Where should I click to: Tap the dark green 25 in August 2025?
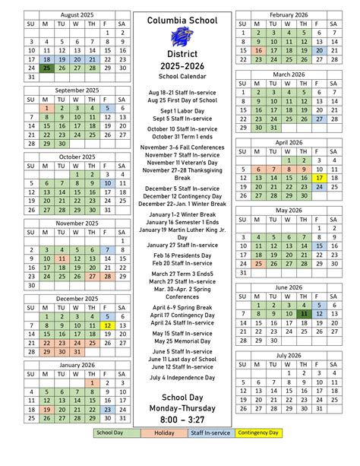(47, 68)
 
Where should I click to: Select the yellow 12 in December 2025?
(107, 325)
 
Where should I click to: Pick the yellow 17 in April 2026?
(319, 178)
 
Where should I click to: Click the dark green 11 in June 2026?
(303, 313)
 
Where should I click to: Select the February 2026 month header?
(282, 14)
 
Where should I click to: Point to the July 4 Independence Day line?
(182, 377)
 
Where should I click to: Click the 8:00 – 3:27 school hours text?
(182, 421)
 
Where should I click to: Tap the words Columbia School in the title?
(182, 21)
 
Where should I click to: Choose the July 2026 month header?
(282, 355)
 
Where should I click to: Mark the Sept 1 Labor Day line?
(182, 111)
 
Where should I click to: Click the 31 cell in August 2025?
(30, 77)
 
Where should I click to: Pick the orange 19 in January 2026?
(47, 409)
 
